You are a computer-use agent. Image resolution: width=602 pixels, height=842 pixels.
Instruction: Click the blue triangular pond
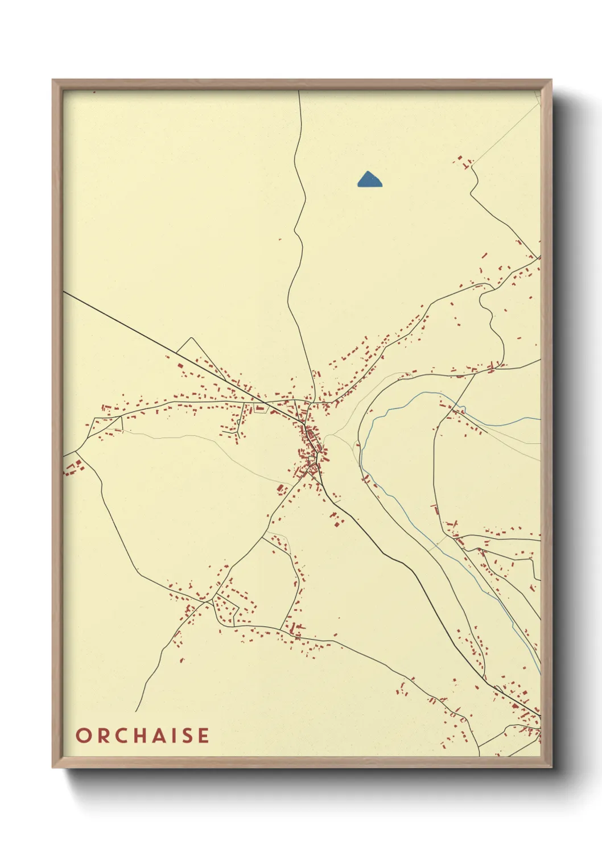click(369, 180)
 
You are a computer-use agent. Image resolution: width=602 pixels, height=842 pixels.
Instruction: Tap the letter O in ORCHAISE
click(83, 736)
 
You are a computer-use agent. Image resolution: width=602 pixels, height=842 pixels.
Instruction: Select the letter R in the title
click(102, 736)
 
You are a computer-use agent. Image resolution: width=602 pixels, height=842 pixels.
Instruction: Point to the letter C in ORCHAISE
click(120, 736)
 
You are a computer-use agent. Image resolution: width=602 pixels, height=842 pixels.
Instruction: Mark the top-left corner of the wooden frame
click(53, 80)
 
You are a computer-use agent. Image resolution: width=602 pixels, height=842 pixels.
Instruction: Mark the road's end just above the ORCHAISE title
click(136, 711)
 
